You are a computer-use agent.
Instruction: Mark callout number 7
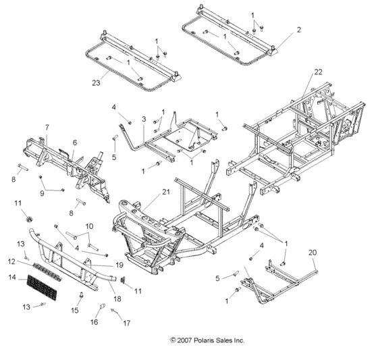tap(47, 127)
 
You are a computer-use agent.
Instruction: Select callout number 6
tap(75, 142)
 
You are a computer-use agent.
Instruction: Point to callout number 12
tap(11, 261)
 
